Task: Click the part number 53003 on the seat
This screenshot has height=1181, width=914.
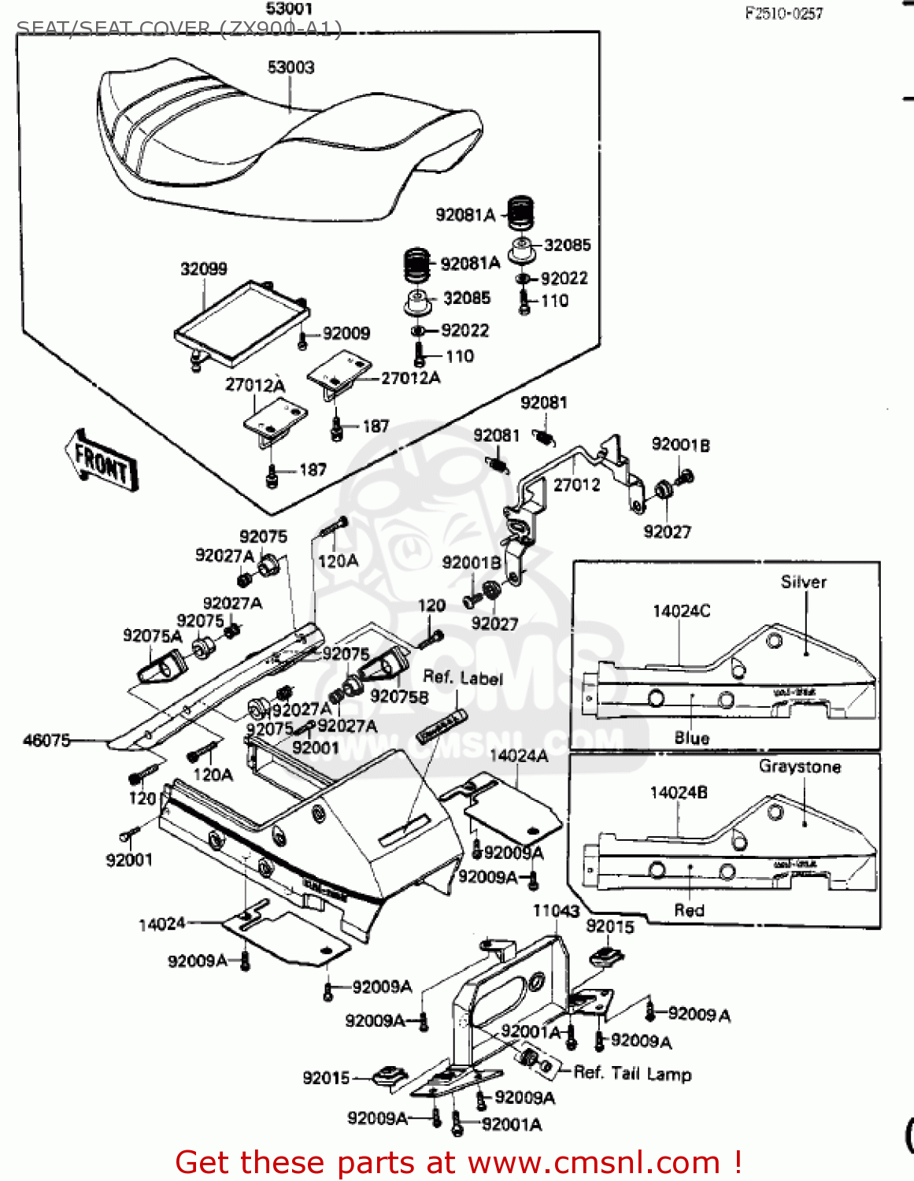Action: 290,68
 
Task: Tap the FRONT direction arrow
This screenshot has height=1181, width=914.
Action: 101,460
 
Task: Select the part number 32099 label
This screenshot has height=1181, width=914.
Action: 204,269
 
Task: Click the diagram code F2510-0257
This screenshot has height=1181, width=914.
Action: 783,13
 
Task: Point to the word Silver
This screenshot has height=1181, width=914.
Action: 803,582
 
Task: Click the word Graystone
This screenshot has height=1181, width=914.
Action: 799,767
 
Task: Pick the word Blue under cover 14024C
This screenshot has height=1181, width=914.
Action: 691,738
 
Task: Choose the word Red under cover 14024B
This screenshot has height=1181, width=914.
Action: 689,910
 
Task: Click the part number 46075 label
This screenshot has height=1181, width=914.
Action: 46,740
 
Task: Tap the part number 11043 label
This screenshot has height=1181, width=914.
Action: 556,911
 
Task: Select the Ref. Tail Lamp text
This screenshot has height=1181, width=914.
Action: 632,1074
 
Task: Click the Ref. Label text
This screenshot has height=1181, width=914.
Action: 462,678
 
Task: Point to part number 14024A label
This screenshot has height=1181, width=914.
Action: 519,756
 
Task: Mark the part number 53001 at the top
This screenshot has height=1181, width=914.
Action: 289,9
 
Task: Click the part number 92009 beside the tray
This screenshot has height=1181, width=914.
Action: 346,334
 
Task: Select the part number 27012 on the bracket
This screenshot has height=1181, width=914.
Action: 576,485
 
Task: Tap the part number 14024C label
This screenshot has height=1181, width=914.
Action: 681,611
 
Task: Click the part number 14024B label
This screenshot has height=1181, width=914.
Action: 678,793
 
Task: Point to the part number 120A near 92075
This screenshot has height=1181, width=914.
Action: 338,561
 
